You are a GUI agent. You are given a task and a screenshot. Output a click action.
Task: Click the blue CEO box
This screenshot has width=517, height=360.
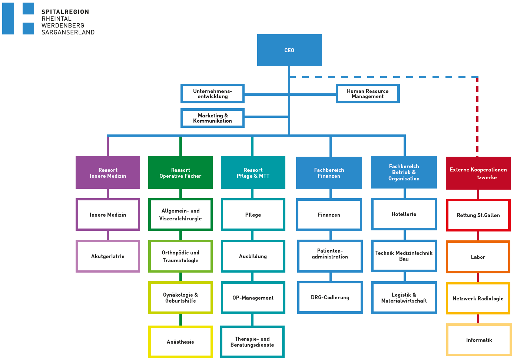coord(289,50)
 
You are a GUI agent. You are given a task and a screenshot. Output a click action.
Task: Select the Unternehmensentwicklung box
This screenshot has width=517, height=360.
coord(212,94)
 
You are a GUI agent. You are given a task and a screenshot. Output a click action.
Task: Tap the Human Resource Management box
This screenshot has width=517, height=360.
coord(368,94)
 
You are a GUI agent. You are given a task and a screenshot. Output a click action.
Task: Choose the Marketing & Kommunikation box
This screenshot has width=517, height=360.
coord(212,118)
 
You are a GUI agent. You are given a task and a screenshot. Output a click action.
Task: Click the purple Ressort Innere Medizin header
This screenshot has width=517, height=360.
coord(108,173)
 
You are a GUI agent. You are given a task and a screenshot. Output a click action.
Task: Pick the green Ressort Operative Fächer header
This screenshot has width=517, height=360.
coord(180,173)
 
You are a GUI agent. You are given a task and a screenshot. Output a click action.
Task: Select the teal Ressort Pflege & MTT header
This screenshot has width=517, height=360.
coord(253,173)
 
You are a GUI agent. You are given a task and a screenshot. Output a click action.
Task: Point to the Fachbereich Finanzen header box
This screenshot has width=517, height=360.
coord(329,173)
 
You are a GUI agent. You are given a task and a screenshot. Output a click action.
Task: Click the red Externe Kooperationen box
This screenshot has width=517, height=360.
coord(478,173)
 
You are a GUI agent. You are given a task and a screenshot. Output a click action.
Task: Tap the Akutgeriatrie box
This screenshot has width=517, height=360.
coord(108,256)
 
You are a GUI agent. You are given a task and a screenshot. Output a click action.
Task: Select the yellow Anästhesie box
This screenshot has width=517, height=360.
coord(180,342)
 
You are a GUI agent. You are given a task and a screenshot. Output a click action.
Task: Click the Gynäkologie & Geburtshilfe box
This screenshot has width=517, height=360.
coord(180,298)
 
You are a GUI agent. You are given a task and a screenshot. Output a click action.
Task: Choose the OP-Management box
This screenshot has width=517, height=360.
coord(253,298)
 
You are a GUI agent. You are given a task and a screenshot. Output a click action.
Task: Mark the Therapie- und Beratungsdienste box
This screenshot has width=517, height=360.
coord(252,342)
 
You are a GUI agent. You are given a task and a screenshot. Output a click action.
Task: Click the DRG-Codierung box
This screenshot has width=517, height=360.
coord(330,297)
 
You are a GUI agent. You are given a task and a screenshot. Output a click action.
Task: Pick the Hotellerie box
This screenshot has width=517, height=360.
coord(404,214)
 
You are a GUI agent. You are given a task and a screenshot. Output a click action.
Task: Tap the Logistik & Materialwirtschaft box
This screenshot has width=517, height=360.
coord(404,298)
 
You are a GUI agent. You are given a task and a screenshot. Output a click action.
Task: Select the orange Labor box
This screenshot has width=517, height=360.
coord(478,257)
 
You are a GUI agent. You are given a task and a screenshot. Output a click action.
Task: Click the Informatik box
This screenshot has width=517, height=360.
coord(479,340)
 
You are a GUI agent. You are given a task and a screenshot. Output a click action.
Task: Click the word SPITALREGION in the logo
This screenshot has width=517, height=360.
coord(65,12)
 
